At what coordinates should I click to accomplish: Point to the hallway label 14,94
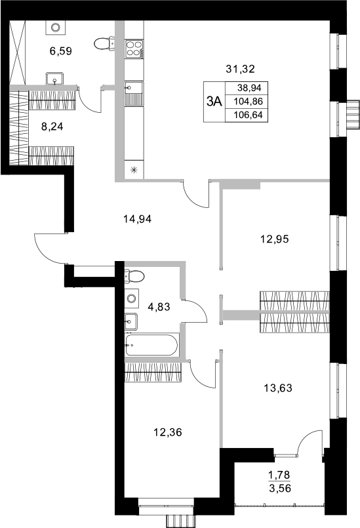[x=138, y=219]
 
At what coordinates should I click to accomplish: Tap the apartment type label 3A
[x=214, y=101]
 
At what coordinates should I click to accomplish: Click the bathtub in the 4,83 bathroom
[x=152, y=346]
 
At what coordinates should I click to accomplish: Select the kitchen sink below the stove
[x=134, y=92]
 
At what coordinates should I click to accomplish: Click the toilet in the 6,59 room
[x=104, y=43]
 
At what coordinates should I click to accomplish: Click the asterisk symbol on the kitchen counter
[x=134, y=171]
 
